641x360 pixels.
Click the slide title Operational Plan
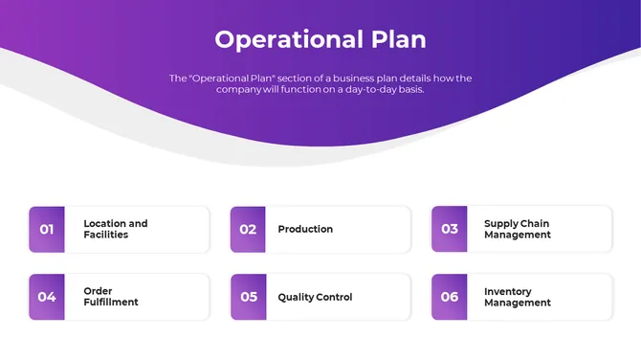point(320,39)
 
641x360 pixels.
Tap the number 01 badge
point(47,230)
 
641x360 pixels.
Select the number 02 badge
point(248,230)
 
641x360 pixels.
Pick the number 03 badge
point(450,230)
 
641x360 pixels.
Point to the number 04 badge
point(47,297)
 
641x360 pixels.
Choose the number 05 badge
point(248,297)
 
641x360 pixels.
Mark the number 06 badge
point(450,297)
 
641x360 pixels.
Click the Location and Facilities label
point(115,229)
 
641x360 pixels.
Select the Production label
point(305,230)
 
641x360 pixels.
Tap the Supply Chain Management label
point(517,229)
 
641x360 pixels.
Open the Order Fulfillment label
point(110,297)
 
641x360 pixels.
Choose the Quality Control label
point(315,297)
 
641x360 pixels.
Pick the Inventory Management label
point(517,297)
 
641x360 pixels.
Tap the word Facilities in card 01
point(105,235)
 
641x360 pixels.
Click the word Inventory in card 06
point(508,291)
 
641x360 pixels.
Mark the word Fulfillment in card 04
point(110,303)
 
